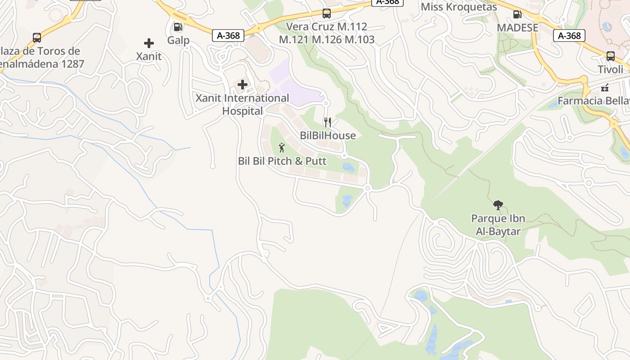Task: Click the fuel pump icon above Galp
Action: [178, 27]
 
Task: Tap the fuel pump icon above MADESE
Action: [517, 14]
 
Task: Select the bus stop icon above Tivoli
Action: [610, 56]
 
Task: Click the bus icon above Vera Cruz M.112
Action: [327, 13]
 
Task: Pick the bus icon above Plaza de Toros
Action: [37, 38]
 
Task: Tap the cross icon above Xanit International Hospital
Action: [243, 85]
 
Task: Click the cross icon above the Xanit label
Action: [149, 43]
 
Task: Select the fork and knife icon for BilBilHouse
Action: [328, 122]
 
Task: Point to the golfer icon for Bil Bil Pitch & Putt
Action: [282, 148]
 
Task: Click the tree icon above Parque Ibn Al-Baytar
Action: [498, 205]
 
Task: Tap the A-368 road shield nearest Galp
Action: [228, 36]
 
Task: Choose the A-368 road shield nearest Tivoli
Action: [569, 36]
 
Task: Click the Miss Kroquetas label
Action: [459, 7]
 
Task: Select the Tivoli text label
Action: [610, 69]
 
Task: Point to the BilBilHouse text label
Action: [328, 135]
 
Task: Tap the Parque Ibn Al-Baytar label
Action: [498, 225]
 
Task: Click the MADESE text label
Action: [517, 27]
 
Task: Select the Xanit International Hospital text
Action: [242, 104]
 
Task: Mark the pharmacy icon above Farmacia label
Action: [605, 87]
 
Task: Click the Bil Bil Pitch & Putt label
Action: [282, 161]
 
